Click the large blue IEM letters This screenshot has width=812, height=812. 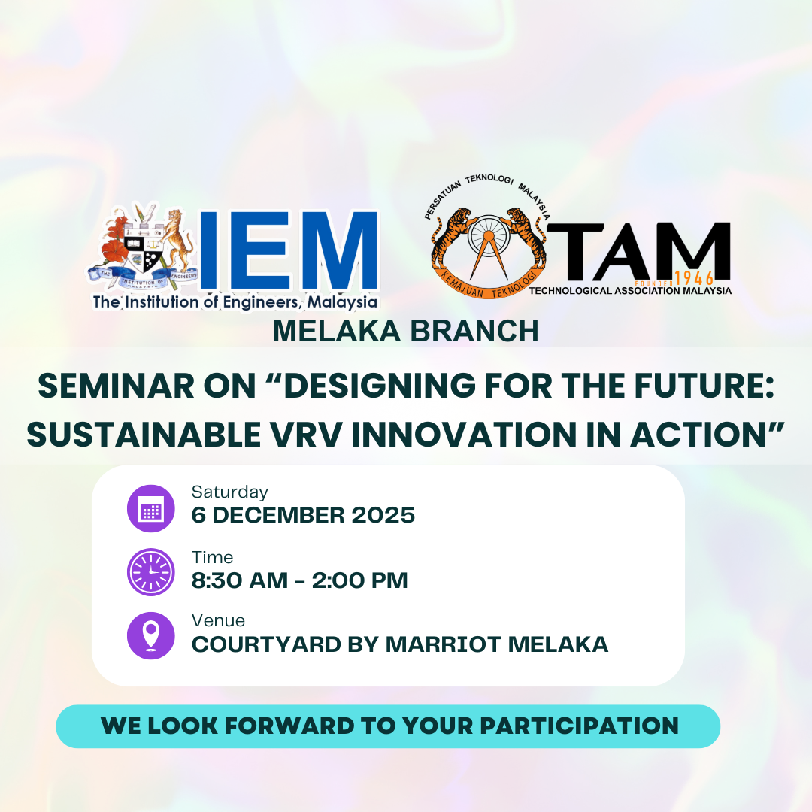click(289, 251)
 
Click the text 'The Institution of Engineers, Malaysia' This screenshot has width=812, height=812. click(235, 303)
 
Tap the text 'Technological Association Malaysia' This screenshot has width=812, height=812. click(630, 291)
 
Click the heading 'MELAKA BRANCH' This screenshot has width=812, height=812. click(405, 332)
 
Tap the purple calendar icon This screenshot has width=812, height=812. click(151, 509)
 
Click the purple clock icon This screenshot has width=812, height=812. click(151, 573)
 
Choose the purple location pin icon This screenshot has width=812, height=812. click(151, 636)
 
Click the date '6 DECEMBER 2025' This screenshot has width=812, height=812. click(303, 516)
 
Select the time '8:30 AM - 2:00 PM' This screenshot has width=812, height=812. click(299, 580)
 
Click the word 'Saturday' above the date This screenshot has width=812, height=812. click(229, 492)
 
